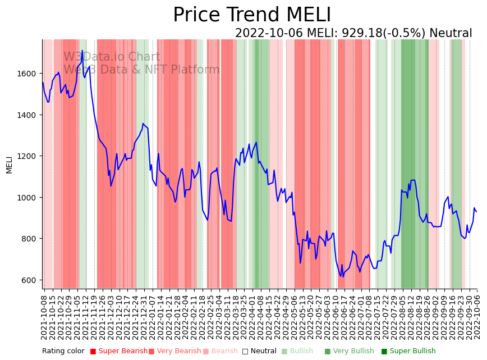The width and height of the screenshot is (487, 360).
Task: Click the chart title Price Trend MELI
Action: pos(252,15)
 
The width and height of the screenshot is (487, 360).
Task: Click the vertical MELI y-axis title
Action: pos(9,165)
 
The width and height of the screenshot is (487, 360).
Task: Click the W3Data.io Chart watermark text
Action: pos(111,57)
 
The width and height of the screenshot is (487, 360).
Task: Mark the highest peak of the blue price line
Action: pos(82,51)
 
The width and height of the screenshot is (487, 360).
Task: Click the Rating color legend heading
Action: pos(63,352)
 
